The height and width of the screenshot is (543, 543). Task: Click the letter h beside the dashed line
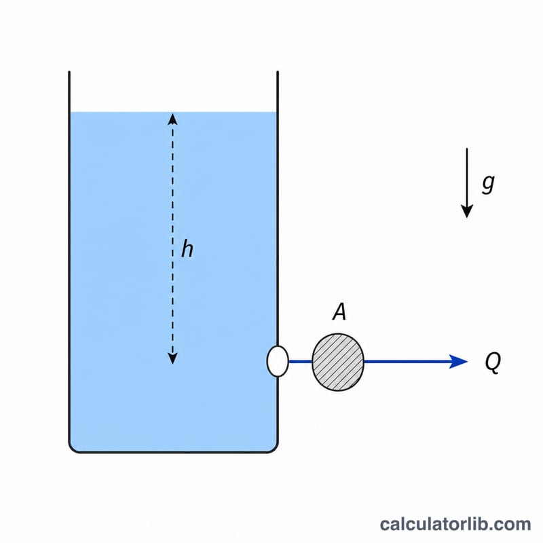coord(187,248)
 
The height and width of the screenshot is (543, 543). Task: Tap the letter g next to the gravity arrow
coord(488,183)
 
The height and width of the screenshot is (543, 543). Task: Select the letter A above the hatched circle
coord(339,312)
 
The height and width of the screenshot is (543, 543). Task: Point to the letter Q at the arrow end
coord(493,362)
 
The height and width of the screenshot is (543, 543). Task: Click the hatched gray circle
coord(338,362)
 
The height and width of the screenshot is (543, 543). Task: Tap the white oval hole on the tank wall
coord(278,361)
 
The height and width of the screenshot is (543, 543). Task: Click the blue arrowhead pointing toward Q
coord(458,362)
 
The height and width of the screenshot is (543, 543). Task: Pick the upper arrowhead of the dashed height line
coord(172,119)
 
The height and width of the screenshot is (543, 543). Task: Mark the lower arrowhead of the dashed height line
coord(172,359)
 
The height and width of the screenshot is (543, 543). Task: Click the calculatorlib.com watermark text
coord(455,523)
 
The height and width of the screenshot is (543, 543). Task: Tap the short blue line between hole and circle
coord(301,362)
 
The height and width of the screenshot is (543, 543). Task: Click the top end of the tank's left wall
coord(69,72)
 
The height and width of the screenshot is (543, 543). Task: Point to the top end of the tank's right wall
coord(278,72)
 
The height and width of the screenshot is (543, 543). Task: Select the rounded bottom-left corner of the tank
coord(73,449)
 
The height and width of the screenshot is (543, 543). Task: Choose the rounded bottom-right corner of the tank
coord(274,449)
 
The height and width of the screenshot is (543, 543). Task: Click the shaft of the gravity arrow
coord(467,176)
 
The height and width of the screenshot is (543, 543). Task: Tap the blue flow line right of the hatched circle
coord(407,362)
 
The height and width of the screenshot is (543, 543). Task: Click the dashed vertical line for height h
coord(172,239)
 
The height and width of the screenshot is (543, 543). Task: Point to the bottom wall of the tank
coord(173,451)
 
